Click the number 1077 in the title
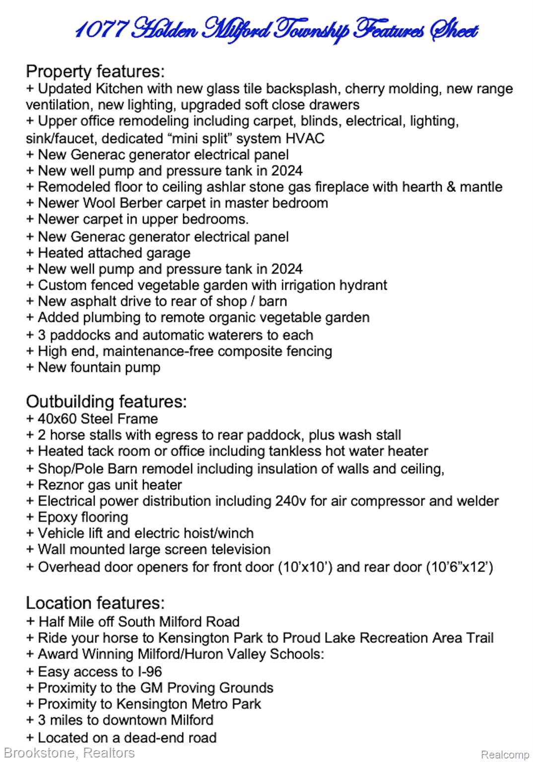tap(101, 31)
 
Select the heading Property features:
tap(95, 71)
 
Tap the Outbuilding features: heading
tap(106, 401)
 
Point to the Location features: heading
tap(95, 603)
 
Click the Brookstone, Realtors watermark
tap(69, 753)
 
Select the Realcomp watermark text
tap(505, 755)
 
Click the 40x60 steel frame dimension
tap(57, 419)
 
